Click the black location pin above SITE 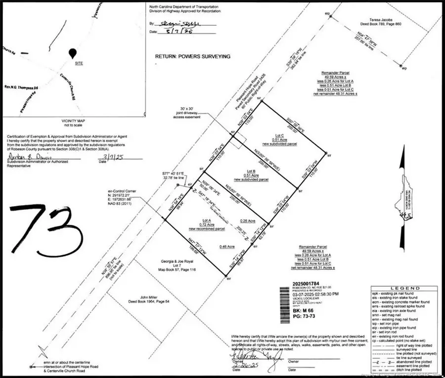73,53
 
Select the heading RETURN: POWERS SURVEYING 193,57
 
